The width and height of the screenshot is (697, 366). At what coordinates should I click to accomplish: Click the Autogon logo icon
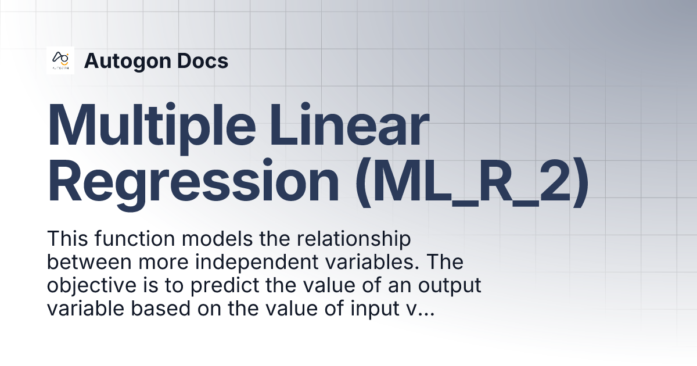click(x=60, y=60)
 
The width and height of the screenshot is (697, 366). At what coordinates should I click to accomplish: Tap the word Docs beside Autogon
click(x=203, y=60)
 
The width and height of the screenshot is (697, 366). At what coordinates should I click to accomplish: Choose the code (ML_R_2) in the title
click(x=472, y=182)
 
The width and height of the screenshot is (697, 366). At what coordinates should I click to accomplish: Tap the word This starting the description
click(x=66, y=239)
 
